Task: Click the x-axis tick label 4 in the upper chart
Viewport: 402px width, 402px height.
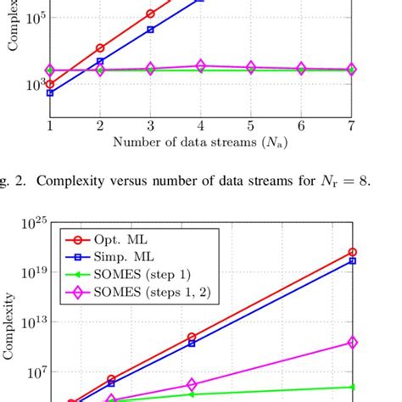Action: (x=200, y=124)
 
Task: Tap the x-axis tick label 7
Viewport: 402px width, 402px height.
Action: (x=351, y=124)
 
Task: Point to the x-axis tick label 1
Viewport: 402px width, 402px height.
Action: (x=50, y=124)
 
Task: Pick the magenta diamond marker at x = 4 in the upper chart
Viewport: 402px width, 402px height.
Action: (x=200, y=65)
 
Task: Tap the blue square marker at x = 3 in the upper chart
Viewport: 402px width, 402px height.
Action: (x=150, y=30)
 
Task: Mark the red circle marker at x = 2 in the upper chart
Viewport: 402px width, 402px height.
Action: (x=100, y=48)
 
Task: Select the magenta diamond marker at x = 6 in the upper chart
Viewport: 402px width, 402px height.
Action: (x=301, y=68)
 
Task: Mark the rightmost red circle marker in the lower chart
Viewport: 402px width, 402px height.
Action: (x=352, y=252)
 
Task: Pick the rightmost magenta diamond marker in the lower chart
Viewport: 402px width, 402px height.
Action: (x=352, y=343)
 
